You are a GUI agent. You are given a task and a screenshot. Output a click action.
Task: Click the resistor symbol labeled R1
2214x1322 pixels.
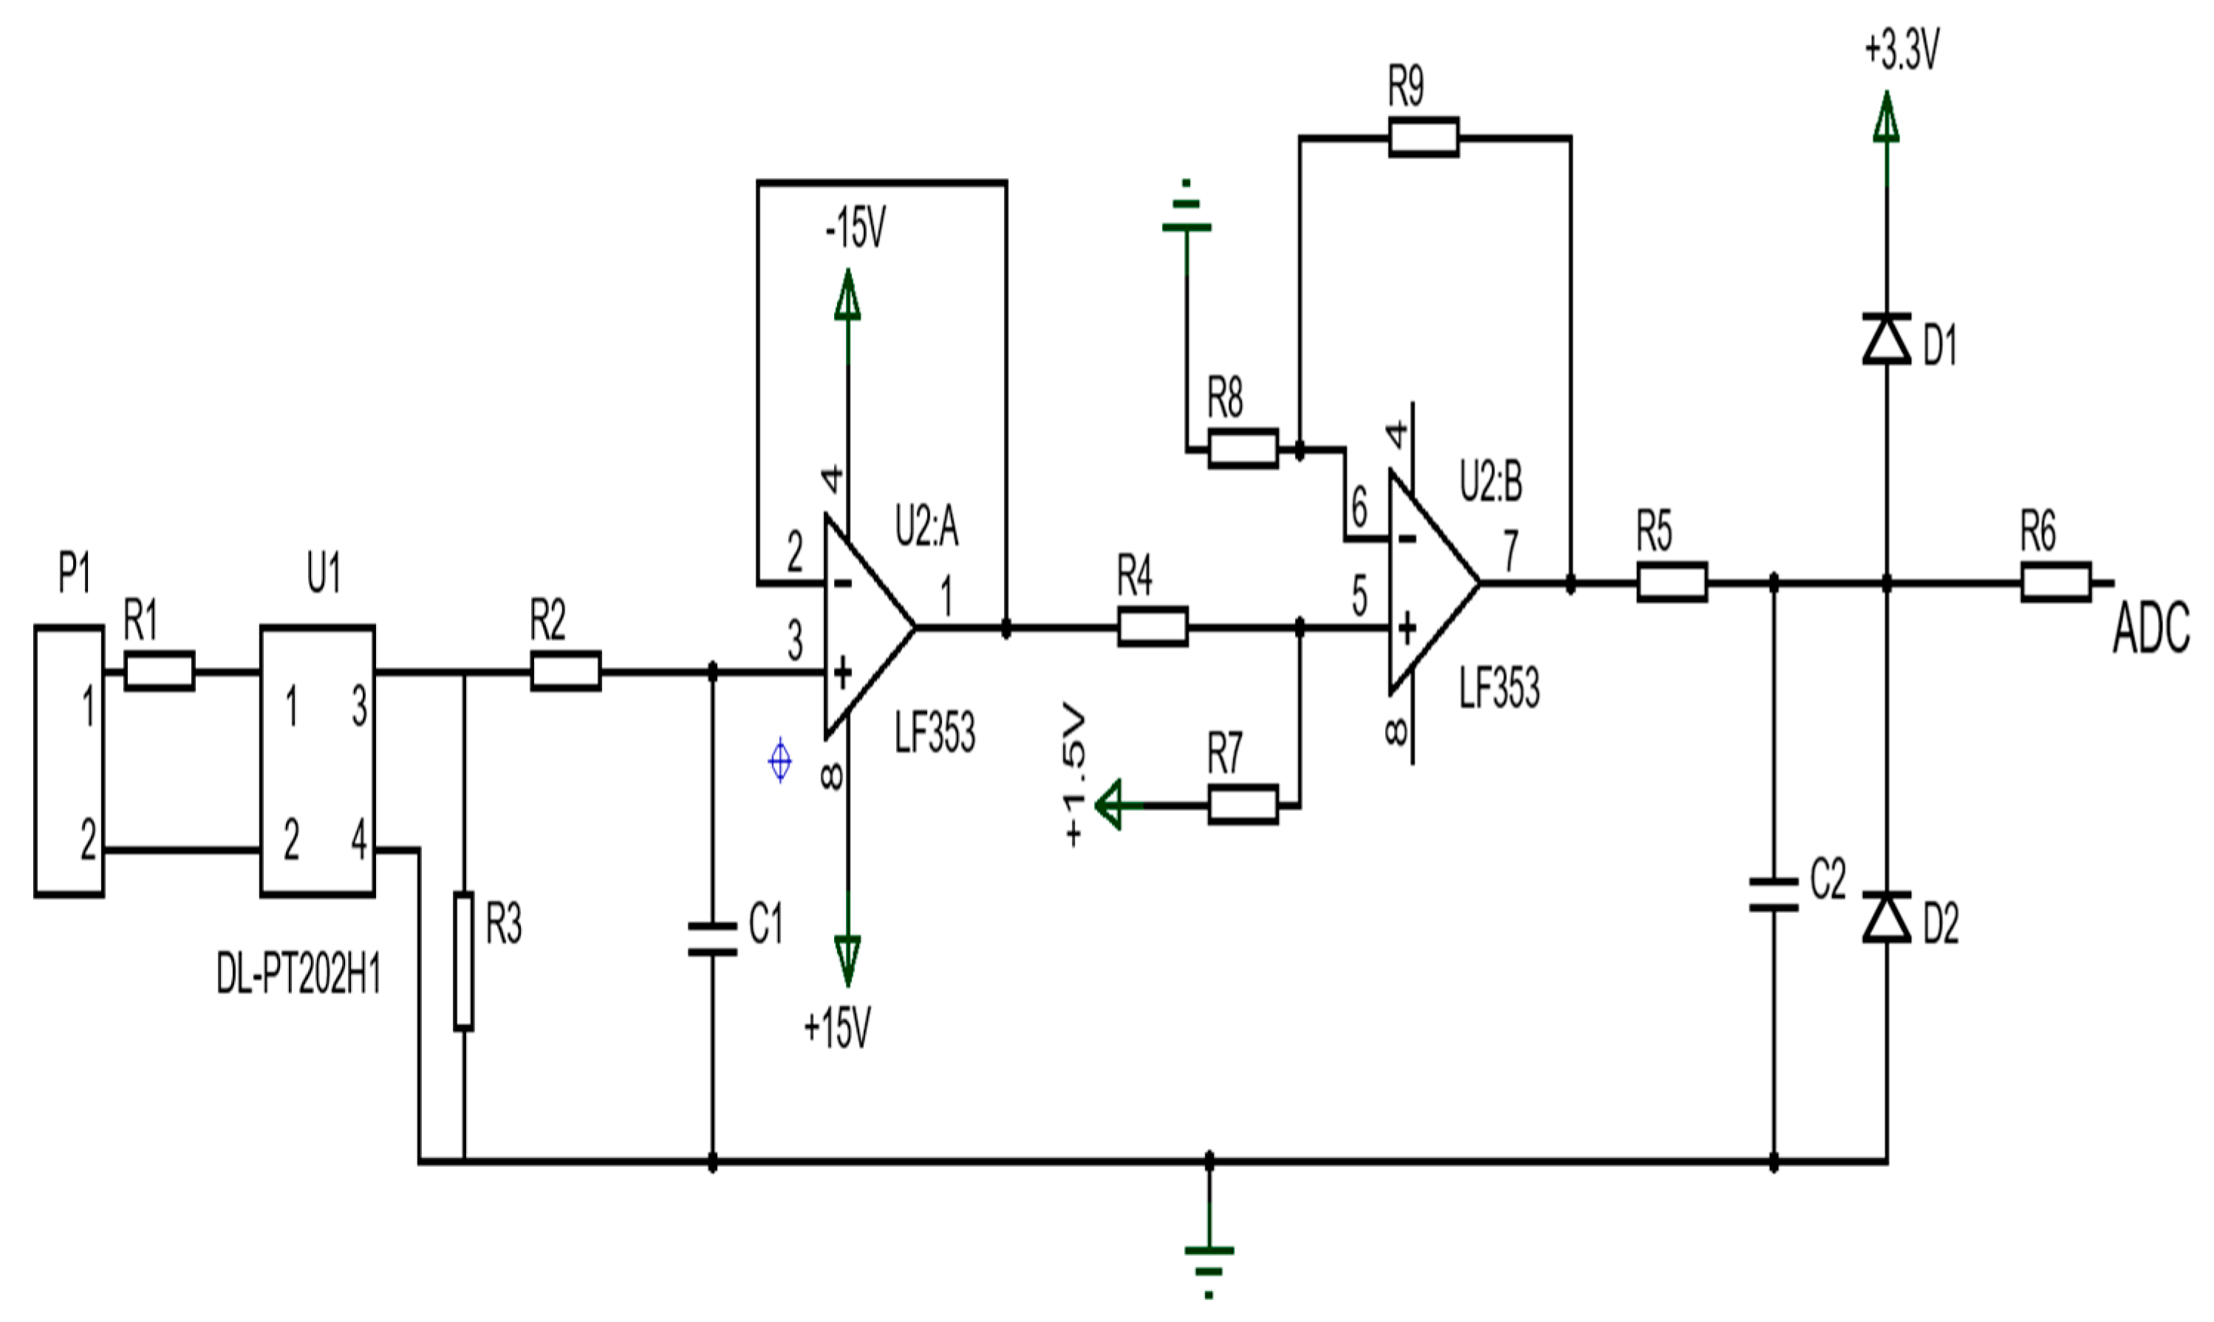click(159, 671)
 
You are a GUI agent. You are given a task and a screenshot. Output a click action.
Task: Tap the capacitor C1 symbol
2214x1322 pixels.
click(712, 940)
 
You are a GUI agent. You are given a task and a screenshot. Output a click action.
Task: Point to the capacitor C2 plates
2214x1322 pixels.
click(1773, 895)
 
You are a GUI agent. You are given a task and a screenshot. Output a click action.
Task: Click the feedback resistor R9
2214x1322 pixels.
click(1423, 137)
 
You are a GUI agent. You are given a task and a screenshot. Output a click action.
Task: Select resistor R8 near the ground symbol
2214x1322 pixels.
click(1242, 448)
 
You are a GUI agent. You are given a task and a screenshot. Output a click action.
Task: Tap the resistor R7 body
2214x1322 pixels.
click(1242, 804)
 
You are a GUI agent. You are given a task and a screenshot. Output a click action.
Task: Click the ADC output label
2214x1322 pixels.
click(2150, 629)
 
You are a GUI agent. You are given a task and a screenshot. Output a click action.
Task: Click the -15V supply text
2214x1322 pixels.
click(855, 228)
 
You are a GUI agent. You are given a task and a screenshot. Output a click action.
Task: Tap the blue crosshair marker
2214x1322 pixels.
click(779, 761)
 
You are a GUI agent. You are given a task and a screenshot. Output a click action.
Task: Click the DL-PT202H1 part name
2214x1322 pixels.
click(298, 976)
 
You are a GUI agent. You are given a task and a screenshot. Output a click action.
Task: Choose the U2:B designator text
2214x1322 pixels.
click(1491, 482)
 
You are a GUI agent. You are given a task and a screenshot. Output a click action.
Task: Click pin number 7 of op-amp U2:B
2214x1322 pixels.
click(1510, 550)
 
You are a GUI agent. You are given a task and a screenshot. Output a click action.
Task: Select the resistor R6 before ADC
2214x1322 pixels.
click(2054, 582)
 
